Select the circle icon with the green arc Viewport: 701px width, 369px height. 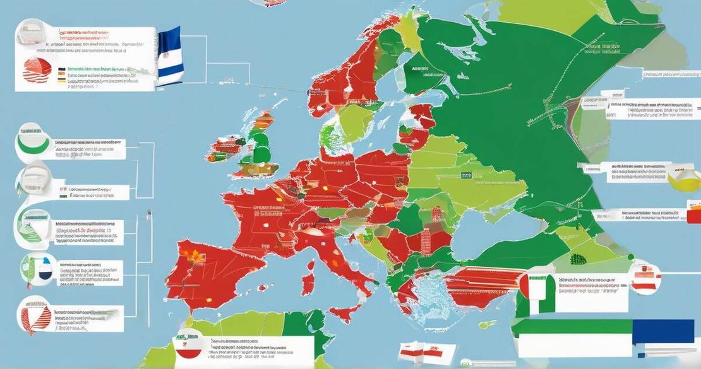(33, 144)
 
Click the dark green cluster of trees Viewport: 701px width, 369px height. (578, 259)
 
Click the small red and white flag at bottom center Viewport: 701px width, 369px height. (417, 351)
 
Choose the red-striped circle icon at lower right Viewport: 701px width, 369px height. (644, 278)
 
